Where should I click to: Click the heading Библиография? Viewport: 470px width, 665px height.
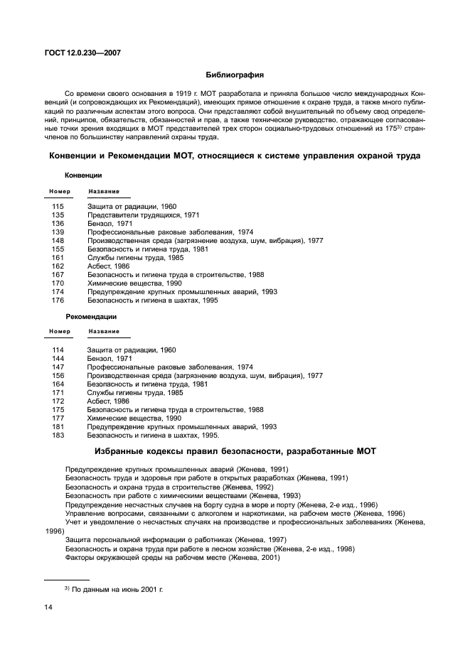pos(235,74)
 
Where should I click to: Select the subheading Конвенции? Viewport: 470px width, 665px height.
pos(83,175)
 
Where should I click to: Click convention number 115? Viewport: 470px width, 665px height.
pos(58,206)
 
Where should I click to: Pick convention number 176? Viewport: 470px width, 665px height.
pos(58,300)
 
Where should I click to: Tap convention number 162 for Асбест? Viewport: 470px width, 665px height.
pos(58,266)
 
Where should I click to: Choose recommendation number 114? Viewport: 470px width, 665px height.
pos(58,350)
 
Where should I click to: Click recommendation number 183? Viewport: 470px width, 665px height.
pos(58,435)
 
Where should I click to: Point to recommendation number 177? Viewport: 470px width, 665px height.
pos(58,418)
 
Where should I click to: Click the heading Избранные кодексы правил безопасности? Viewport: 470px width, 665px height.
pos(235,451)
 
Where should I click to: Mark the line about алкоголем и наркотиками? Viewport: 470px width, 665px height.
pos(235,513)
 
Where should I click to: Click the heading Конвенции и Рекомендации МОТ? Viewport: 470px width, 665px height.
pos(235,155)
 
